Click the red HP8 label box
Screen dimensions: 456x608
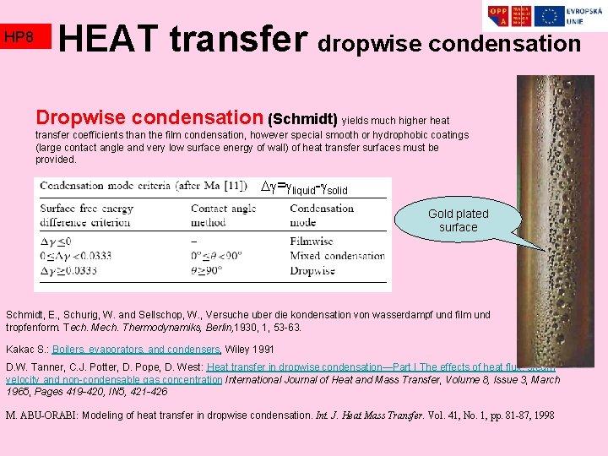[x=26, y=36]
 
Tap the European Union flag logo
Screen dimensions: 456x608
[x=550, y=16]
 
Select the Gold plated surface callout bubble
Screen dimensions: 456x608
[x=459, y=220]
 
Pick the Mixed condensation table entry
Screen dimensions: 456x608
[x=337, y=256]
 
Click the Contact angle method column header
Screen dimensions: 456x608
[x=223, y=215]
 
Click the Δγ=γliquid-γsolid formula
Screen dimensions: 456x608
[x=304, y=187]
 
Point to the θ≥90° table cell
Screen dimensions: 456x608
[x=206, y=270]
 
